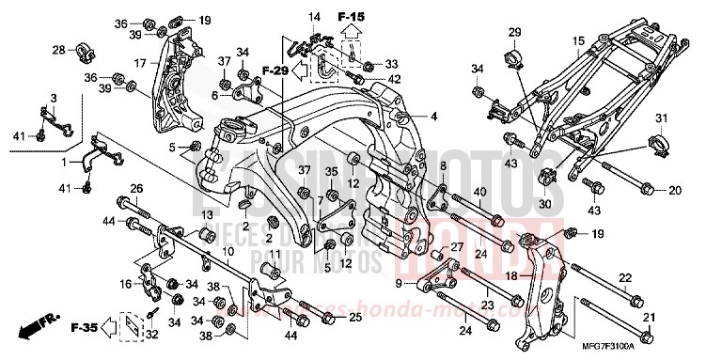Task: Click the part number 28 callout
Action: tap(58, 50)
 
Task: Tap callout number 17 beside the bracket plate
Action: tap(140, 64)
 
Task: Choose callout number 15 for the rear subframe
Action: tap(579, 40)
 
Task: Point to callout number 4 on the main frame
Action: tap(435, 117)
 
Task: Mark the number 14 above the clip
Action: tap(314, 18)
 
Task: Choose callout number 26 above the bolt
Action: tap(135, 188)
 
